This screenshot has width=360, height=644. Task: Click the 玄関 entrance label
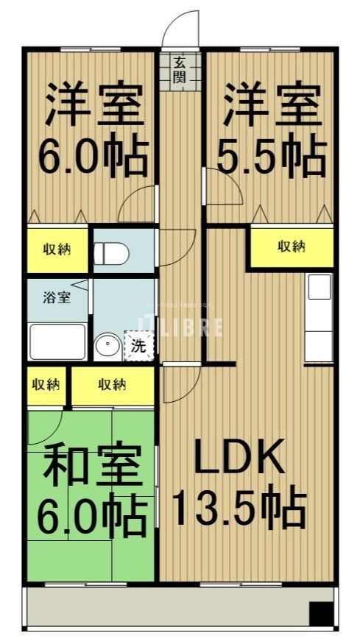coord(180,71)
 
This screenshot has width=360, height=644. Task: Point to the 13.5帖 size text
coord(239,507)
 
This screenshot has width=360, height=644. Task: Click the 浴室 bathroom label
coord(56,299)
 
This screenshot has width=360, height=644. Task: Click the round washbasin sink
coord(108,344)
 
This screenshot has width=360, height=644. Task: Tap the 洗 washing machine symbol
coord(139,344)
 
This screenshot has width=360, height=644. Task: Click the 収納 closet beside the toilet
coord(57,250)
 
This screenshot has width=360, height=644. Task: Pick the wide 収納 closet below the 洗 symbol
coord(112,384)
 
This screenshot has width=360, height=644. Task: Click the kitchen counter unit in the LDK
coord(320,316)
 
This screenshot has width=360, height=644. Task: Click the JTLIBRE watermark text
coord(180,327)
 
